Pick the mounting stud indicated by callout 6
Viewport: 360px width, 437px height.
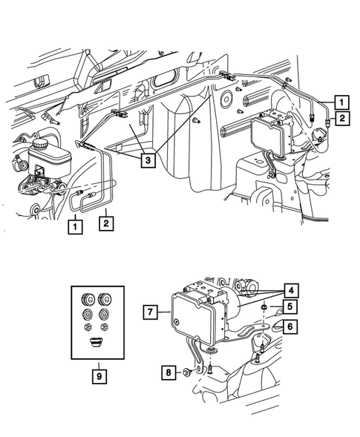pyautogui.click(x=261, y=346)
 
